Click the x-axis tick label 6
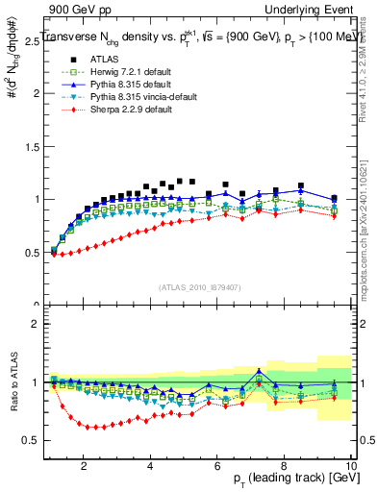click(x=217, y=466)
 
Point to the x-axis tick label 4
click(x=151, y=466)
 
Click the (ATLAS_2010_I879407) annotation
click(x=200, y=286)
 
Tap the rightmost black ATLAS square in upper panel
click(x=334, y=198)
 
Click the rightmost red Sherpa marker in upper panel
click(x=334, y=215)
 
